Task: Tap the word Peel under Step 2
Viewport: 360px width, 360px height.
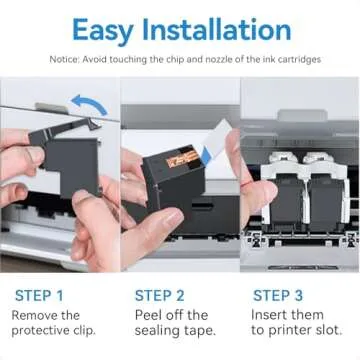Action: (x=150, y=316)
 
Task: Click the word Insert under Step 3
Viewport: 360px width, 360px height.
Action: (x=271, y=316)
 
